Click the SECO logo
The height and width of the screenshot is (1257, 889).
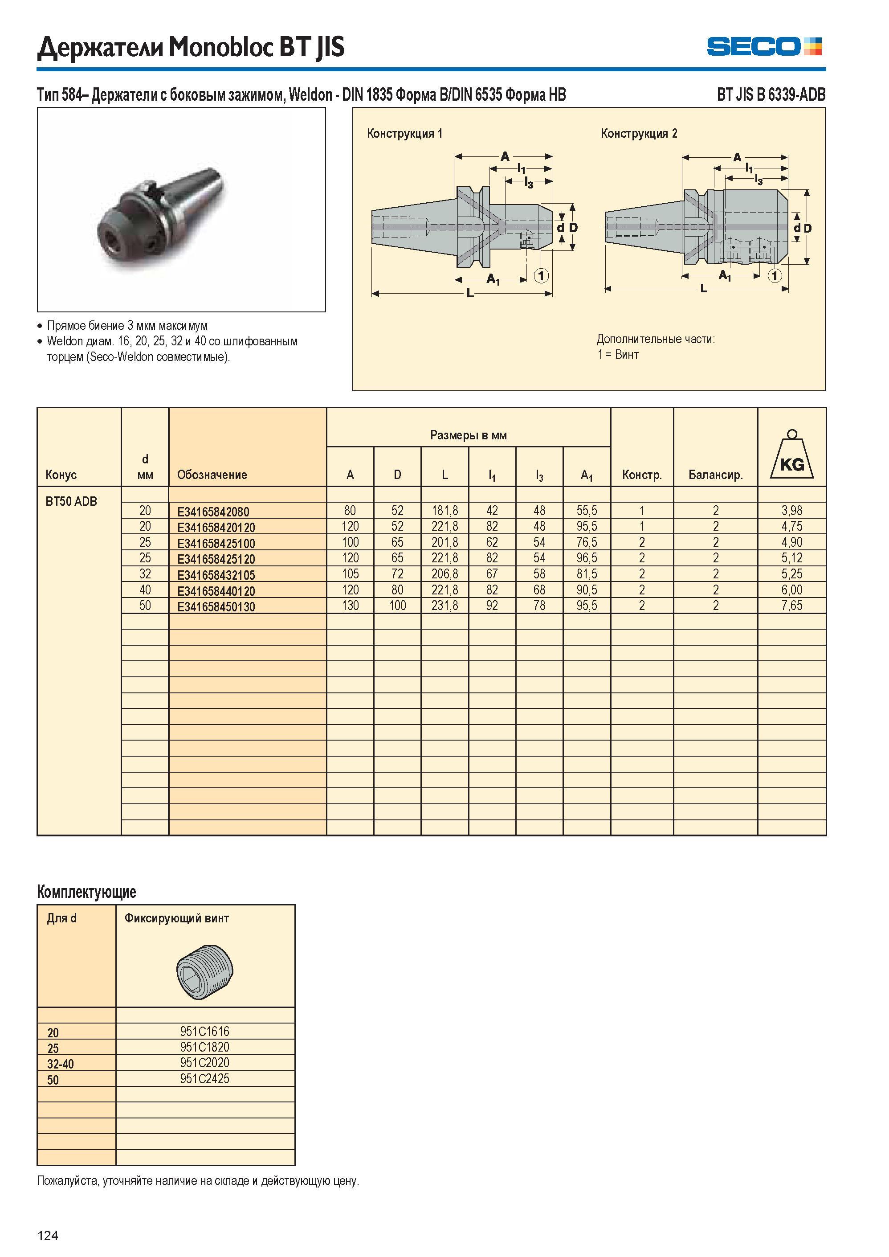click(764, 46)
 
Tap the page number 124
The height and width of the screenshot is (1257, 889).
click(48, 1235)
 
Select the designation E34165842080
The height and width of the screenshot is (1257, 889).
click(213, 512)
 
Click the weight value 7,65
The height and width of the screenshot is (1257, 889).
click(791, 606)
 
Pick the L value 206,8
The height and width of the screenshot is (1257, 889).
click(444, 574)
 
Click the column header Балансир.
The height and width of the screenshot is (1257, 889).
click(715, 475)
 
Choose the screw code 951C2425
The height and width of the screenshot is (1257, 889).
click(205, 1078)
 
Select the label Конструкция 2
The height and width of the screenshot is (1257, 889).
click(639, 133)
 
